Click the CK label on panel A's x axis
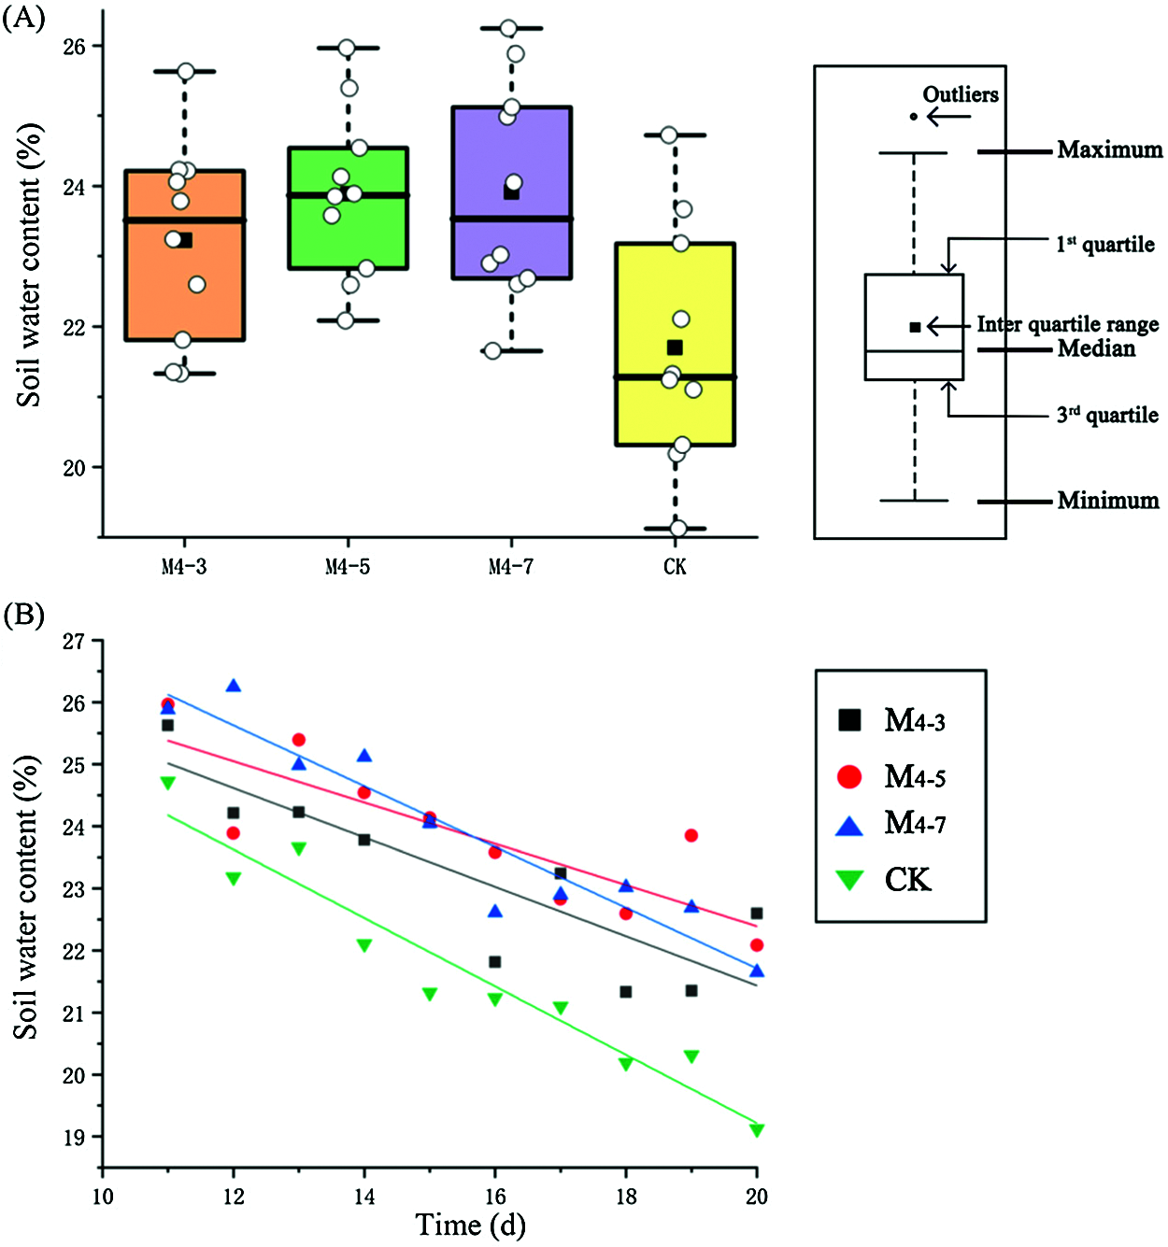(x=675, y=567)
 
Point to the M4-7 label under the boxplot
(x=511, y=567)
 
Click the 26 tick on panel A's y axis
(x=74, y=47)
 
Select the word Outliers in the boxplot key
(x=961, y=94)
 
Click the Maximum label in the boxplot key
(x=1110, y=150)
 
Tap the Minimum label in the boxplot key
(x=1108, y=501)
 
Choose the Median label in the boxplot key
(x=1096, y=349)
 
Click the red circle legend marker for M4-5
(x=849, y=776)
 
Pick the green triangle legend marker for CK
(x=849, y=880)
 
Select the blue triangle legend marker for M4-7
(x=849, y=825)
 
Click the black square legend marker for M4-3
(x=849, y=720)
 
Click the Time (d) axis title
(x=470, y=1225)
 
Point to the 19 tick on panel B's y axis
(x=74, y=1137)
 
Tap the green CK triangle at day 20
(x=757, y=1131)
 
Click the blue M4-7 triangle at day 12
(x=234, y=687)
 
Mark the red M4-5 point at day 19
(x=691, y=835)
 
